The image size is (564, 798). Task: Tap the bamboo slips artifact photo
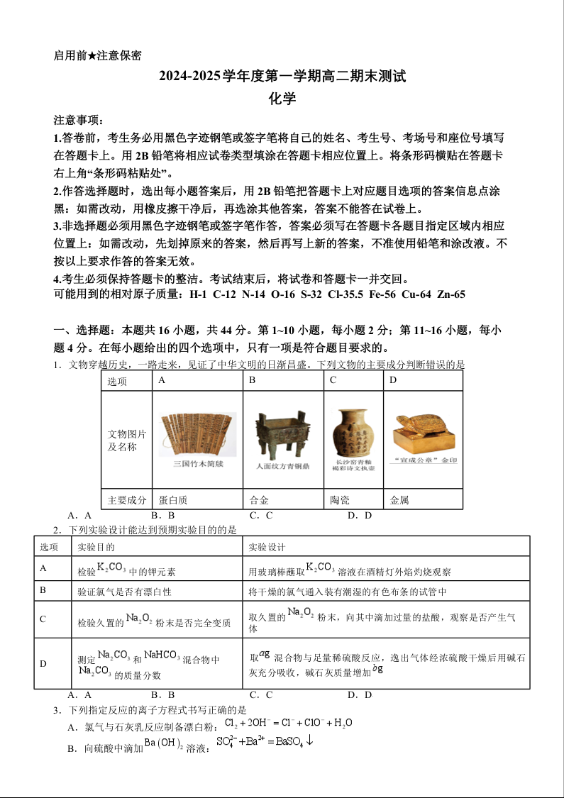pyautogui.click(x=197, y=433)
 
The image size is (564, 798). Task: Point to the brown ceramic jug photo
pyautogui.click(x=353, y=431)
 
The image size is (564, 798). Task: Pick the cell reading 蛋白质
pyautogui.click(x=173, y=500)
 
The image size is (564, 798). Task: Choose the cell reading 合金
pyautogui.click(x=259, y=500)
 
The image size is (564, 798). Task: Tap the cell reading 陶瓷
pyautogui.click(x=340, y=500)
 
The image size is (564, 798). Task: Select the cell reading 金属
pyautogui.click(x=400, y=500)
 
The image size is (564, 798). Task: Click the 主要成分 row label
pyautogui.click(x=127, y=500)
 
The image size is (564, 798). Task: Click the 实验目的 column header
pyautogui.click(x=95, y=547)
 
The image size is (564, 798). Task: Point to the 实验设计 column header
pyautogui.click(x=267, y=547)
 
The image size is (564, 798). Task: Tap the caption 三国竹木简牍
pyautogui.click(x=197, y=464)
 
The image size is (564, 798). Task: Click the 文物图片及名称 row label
pyautogui.click(x=127, y=440)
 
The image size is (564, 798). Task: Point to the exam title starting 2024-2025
pyautogui.click(x=282, y=77)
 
